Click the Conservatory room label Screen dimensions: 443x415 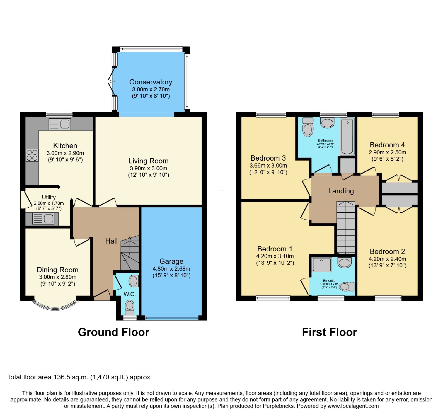tap(151, 82)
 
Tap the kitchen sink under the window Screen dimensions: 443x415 tap(60, 124)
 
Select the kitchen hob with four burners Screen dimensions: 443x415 tap(32, 155)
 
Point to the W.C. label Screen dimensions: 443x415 tap(130, 294)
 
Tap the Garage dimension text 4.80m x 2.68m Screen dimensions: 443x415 tap(171, 269)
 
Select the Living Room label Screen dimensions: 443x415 tap(148, 161)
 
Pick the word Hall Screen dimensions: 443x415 tap(111, 241)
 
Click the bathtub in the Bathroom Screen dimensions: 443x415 tap(347, 137)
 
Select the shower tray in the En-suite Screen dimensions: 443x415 tap(322, 265)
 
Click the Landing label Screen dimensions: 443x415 tap(341, 191)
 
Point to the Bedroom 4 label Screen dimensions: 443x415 tap(387, 145)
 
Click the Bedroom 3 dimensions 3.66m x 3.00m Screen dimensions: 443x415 tap(268, 166)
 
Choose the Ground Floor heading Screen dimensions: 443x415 tap(114, 332)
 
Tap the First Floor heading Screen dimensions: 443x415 tap(329, 332)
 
